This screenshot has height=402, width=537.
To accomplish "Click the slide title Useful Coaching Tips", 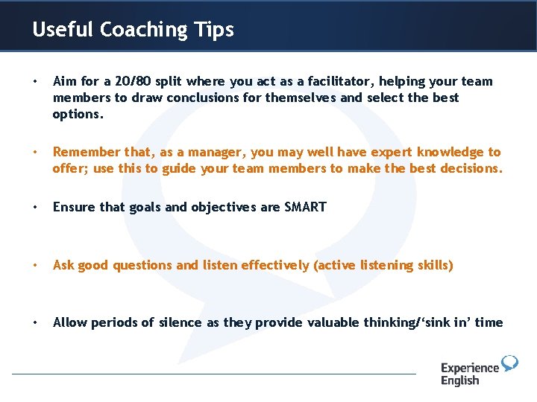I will tap(133, 30).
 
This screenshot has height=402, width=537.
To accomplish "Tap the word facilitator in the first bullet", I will tap(345, 81).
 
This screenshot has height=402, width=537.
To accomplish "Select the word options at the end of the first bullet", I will tap(78, 114).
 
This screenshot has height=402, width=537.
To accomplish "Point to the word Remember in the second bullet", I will tap(84, 152).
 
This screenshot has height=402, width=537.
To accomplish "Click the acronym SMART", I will tap(305, 207).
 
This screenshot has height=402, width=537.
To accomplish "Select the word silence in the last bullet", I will tap(175, 322).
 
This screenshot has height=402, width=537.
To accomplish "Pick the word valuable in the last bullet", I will tap(321, 322).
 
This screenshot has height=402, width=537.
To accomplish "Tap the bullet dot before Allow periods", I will tap(36, 322).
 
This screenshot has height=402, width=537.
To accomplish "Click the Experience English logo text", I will tap(469, 374).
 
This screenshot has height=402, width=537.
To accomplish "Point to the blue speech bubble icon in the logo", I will tap(509, 363).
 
